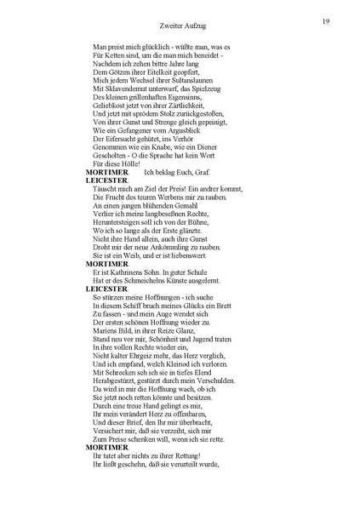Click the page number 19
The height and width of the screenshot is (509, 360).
point(326,20)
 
